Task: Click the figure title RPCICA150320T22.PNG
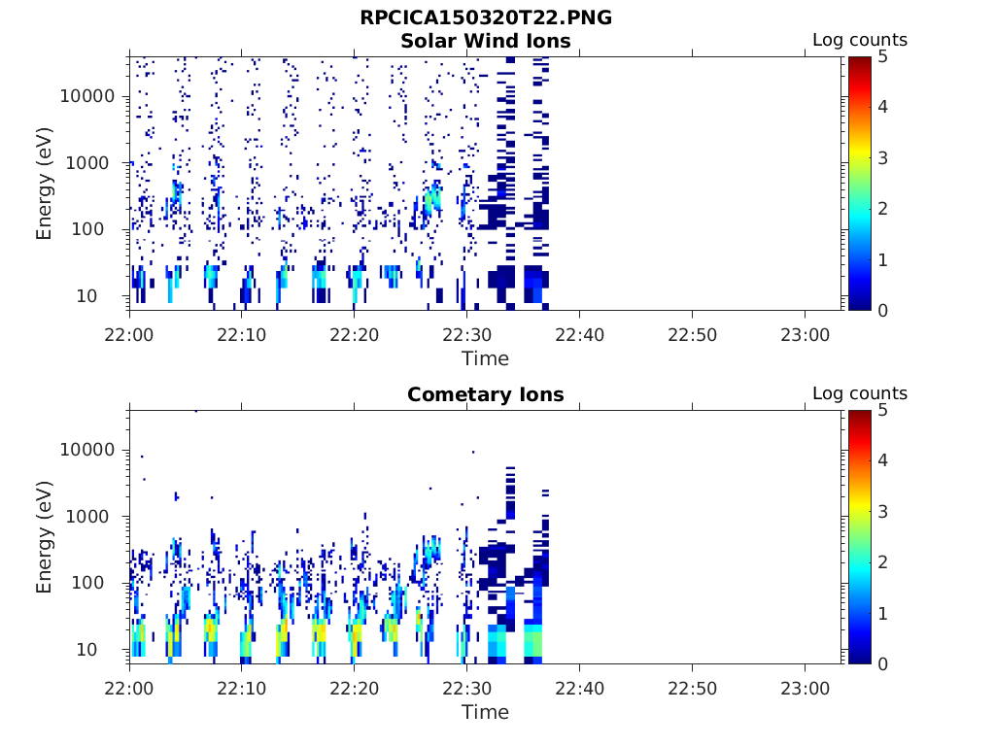[x=486, y=17]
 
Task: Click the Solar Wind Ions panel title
[x=486, y=41]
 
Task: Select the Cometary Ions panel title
[x=486, y=394]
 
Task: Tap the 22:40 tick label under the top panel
[x=579, y=333]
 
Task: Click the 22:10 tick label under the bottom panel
[x=242, y=687]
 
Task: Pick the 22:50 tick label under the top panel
[x=692, y=333]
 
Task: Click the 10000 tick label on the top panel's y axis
[x=87, y=96]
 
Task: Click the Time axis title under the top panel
[x=485, y=358]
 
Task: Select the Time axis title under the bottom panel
[x=485, y=712]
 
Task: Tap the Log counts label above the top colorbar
[x=859, y=41]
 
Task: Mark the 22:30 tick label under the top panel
[x=466, y=333]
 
